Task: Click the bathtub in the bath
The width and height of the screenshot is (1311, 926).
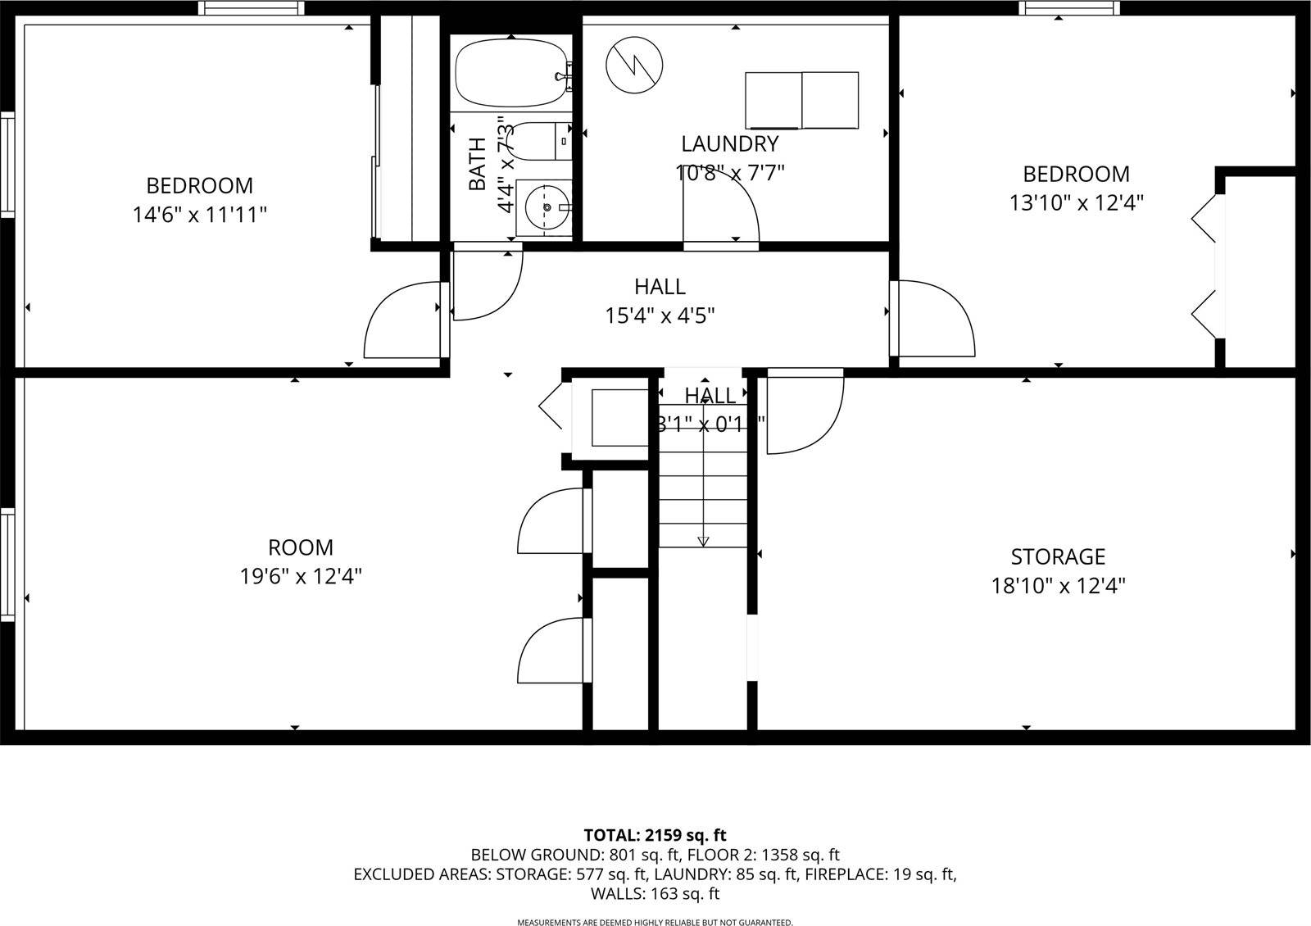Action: (x=510, y=74)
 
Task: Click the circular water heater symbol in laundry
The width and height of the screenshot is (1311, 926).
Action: (x=634, y=64)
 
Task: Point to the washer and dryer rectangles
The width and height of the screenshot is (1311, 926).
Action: (x=802, y=101)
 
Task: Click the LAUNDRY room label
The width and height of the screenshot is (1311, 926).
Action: (x=729, y=144)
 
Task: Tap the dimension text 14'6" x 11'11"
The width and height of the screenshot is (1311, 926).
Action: (x=200, y=216)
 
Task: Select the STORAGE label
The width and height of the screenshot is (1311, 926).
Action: (x=1058, y=557)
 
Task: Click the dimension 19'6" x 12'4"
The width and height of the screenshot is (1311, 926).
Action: (x=301, y=577)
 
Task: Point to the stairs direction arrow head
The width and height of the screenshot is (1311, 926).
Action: (x=703, y=541)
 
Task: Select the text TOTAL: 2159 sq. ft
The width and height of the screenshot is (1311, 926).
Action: (x=655, y=836)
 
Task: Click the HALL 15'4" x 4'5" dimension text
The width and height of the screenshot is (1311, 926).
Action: (x=660, y=315)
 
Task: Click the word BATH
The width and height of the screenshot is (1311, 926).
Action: (x=478, y=164)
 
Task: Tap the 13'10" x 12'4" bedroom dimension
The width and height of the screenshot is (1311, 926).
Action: (x=1076, y=202)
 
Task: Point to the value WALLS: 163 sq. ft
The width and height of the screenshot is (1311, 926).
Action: (x=655, y=894)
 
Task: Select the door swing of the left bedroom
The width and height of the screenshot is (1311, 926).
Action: (x=401, y=320)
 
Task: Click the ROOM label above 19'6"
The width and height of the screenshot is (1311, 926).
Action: (x=301, y=547)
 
